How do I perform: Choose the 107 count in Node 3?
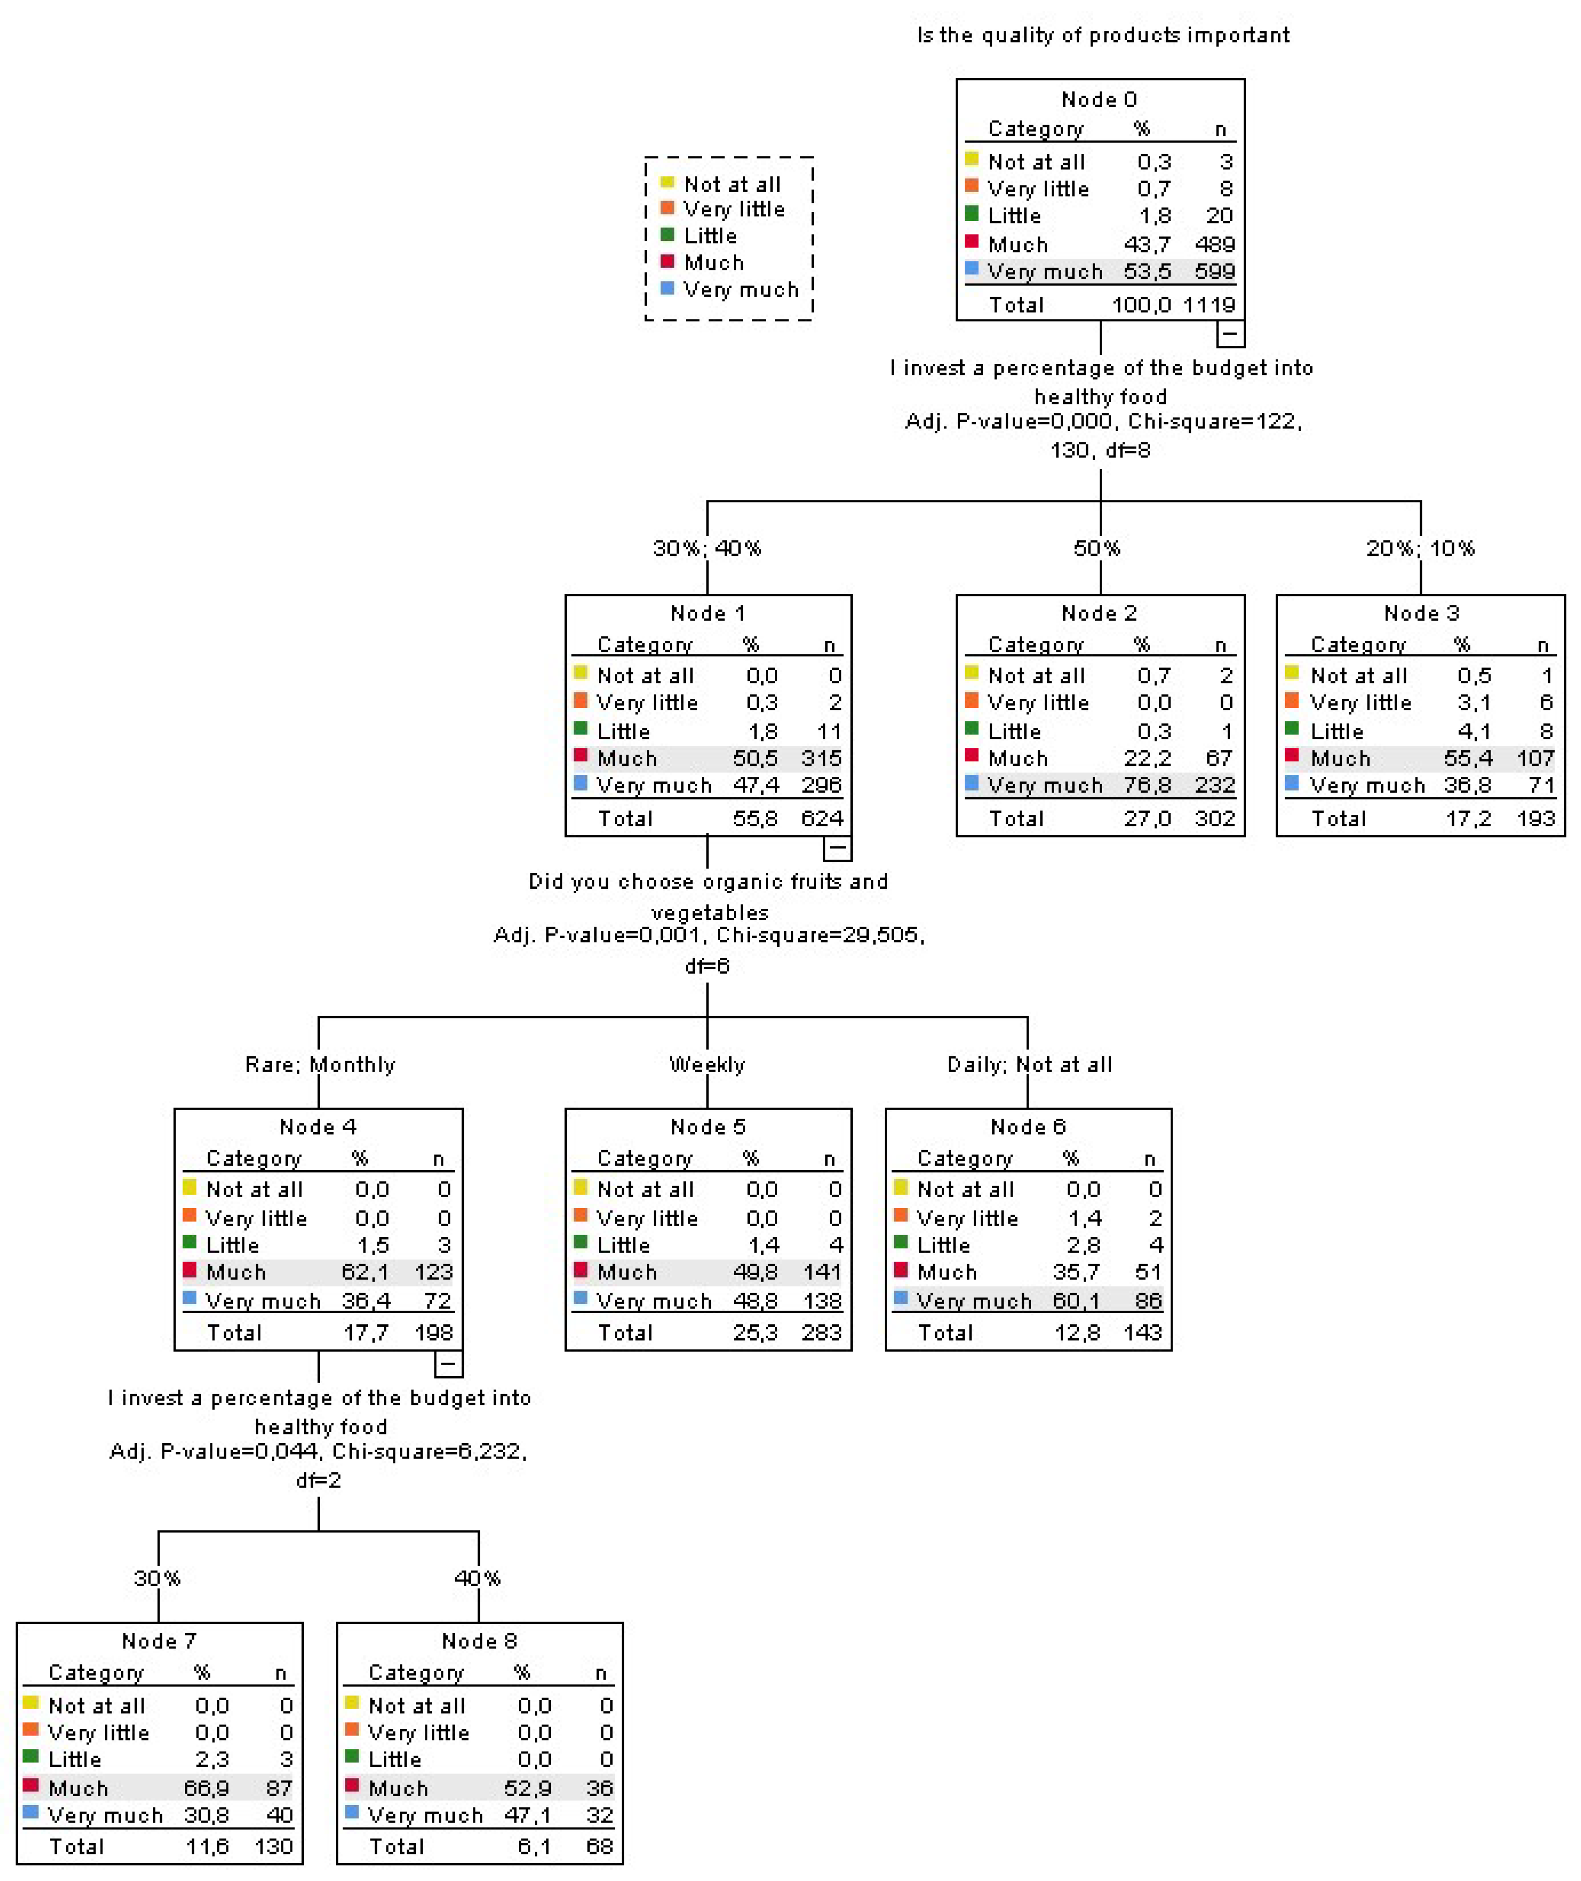pyautogui.click(x=1536, y=759)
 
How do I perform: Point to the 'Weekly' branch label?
pyautogui.click(x=707, y=1065)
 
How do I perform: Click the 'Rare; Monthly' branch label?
pyautogui.click(x=320, y=1065)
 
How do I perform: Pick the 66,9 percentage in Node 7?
pyautogui.click(x=206, y=1789)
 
